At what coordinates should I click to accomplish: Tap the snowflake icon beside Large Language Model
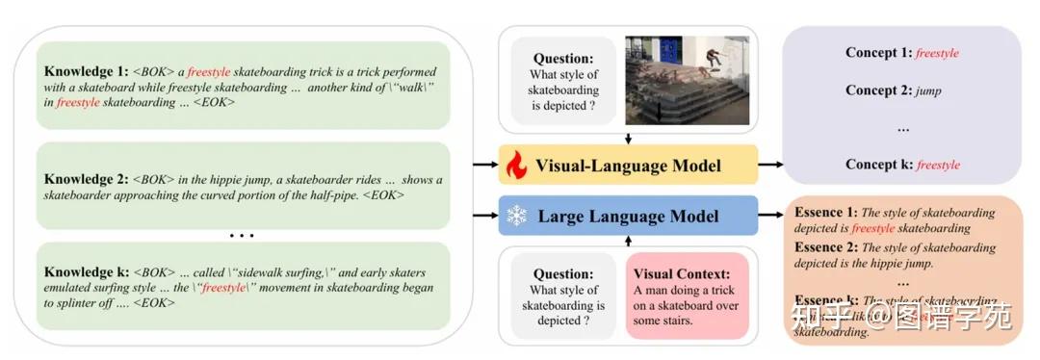tap(517, 216)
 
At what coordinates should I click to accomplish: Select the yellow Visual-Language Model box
tap(628, 165)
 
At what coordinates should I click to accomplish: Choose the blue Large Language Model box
tap(628, 216)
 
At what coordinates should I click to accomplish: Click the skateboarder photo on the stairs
tap(687, 80)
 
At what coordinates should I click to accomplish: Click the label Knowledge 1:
tap(85, 72)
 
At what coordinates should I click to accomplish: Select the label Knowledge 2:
tap(85, 180)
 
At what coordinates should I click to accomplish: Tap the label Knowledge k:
tap(85, 272)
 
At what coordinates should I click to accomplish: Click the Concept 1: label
tap(878, 53)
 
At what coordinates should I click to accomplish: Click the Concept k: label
tap(878, 165)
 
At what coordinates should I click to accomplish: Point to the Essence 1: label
tap(824, 213)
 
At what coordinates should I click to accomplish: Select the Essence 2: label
tap(824, 247)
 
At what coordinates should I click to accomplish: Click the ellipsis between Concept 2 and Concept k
tap(903, 127)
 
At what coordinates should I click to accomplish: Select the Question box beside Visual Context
tap(563, 296)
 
